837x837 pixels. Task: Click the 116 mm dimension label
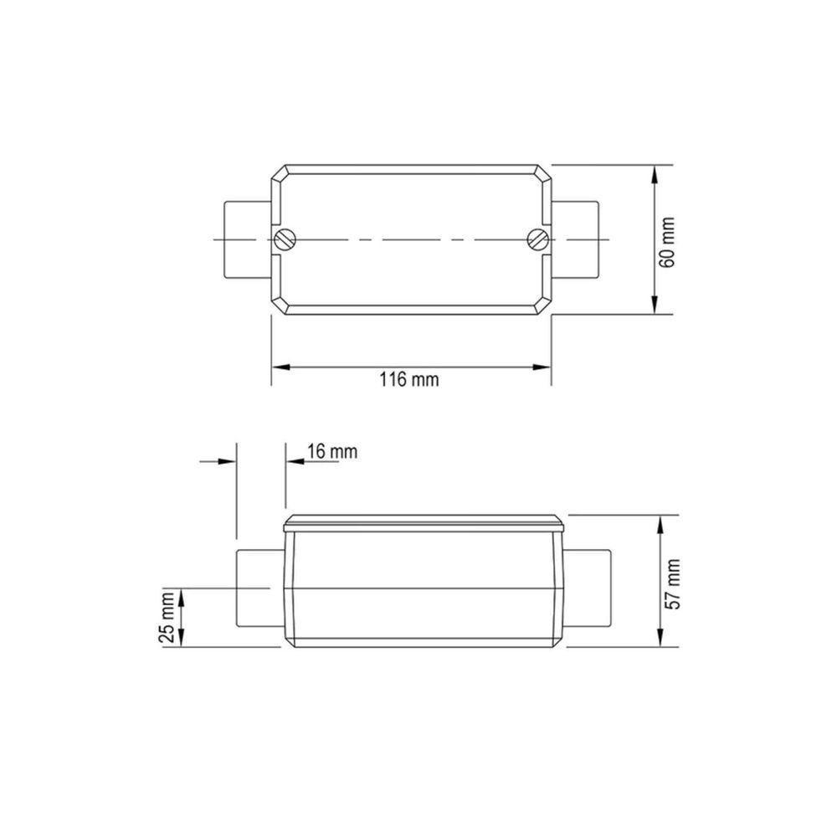409,380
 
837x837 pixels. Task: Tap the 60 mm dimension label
667,243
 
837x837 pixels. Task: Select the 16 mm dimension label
332,452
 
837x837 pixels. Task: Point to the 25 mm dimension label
167,617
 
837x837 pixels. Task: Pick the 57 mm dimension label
673,584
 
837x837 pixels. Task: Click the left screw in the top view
286,239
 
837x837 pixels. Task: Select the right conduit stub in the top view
575,239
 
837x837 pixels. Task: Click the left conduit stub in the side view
259,588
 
